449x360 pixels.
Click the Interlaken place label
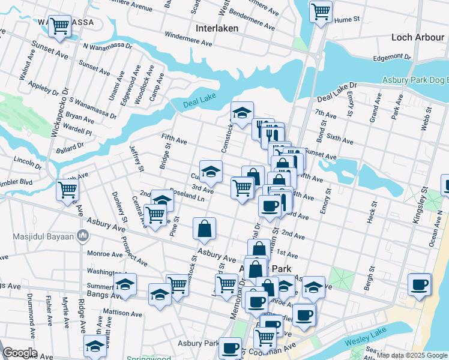217,28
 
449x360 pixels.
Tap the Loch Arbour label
417,37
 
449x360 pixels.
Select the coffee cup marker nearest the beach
420,284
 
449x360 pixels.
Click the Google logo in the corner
20,353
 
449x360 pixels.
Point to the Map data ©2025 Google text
412,355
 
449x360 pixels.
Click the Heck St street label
372,210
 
